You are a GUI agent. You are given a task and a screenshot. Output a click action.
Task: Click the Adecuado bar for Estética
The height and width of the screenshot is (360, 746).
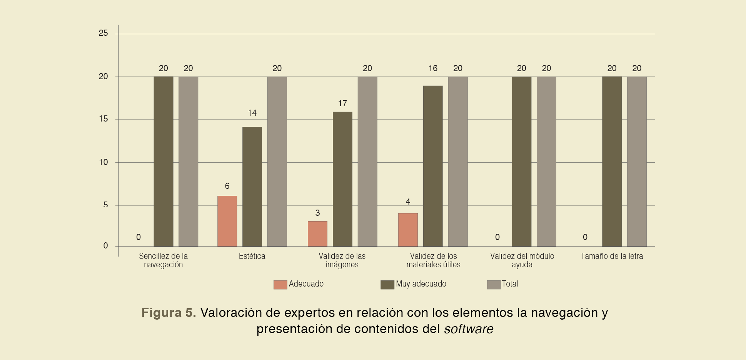227,221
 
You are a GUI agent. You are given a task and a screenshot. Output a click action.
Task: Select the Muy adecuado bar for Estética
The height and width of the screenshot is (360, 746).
252,187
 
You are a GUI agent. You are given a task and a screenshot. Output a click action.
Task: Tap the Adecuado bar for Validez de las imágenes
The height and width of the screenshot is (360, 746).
317,234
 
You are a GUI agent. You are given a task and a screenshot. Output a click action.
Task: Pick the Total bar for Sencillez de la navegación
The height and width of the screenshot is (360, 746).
188,162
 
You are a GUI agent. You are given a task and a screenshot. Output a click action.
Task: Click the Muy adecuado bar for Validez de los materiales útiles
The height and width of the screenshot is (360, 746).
433,166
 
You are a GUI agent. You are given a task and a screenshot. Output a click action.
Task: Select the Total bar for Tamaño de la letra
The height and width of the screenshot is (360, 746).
637,162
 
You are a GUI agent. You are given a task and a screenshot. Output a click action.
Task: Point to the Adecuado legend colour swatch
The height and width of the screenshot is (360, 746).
280,285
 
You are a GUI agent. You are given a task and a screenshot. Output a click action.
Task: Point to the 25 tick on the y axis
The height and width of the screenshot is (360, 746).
103,33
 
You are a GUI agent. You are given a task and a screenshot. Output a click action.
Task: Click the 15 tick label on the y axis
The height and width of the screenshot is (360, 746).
103,119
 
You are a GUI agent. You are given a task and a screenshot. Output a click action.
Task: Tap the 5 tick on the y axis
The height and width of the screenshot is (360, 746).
105,205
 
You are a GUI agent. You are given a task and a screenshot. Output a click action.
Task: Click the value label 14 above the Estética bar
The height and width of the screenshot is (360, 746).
252,113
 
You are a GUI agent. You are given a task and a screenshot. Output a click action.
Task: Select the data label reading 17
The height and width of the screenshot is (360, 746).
342,103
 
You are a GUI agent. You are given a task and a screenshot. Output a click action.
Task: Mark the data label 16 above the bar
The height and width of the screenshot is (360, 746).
433,68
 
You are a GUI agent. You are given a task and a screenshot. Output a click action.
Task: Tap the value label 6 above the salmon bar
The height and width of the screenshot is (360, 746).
227,186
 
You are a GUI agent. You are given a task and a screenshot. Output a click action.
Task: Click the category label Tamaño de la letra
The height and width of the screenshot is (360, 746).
612,256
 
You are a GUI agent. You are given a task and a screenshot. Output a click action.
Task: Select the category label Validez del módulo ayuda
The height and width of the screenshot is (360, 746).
522,260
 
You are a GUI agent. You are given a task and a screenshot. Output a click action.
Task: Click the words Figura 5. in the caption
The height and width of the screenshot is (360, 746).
169,313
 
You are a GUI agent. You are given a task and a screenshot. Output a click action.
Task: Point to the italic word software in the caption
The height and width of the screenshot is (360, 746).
469,329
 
